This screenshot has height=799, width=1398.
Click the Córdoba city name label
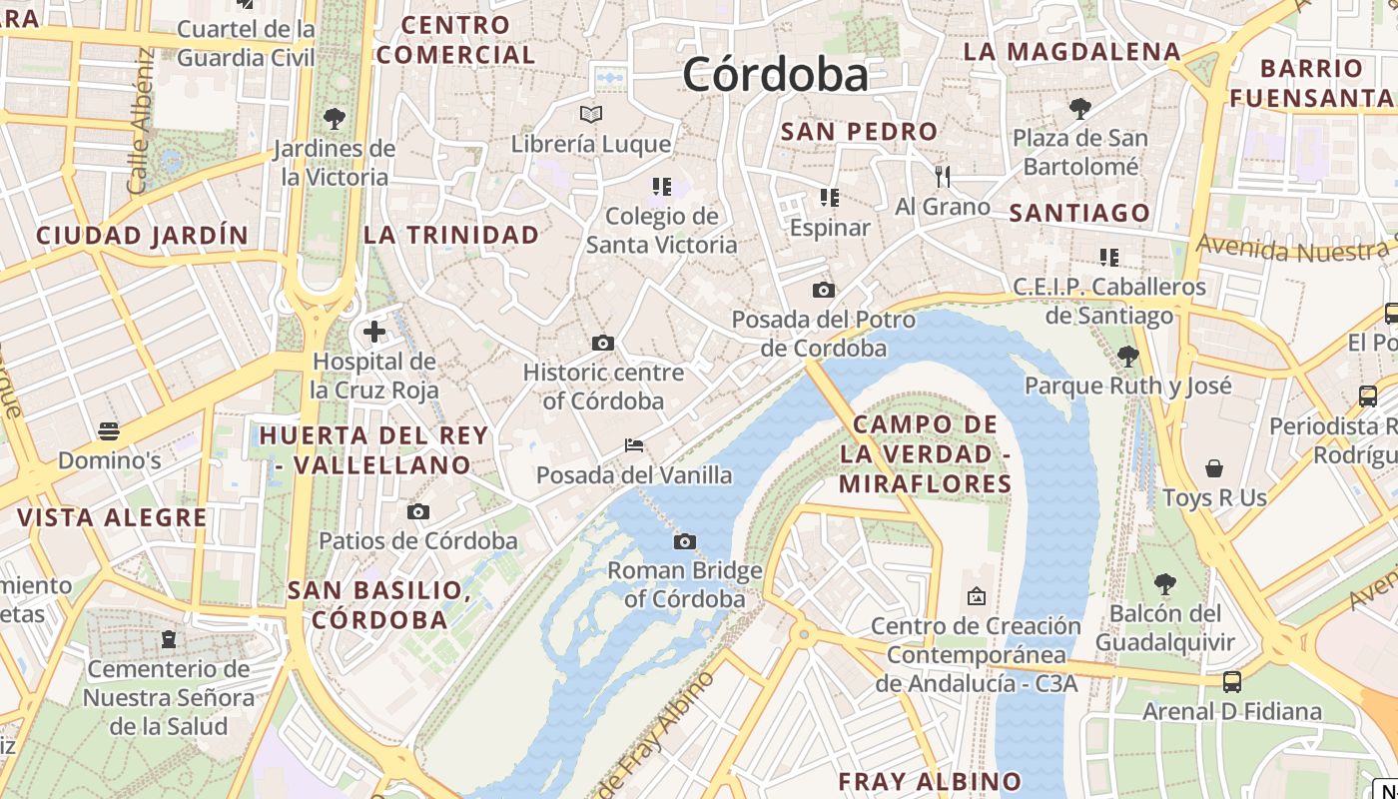click(775, 75)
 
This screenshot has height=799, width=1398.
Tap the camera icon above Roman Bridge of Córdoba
click(684, 541)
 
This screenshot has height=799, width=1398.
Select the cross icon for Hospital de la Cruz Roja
click(374, 332)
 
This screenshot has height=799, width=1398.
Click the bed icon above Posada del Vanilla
click(633, 445)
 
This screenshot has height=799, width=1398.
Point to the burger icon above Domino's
click(109, 431)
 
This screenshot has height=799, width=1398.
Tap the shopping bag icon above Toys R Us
click(1214, 468)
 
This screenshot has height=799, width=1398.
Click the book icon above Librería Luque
click(591, 114)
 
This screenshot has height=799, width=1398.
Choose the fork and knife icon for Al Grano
click(943, 177)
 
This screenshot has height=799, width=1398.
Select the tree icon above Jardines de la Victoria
click(335, 119)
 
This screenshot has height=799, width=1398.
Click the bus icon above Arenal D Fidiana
click(1232, 682)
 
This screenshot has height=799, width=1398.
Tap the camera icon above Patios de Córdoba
click(418, 512)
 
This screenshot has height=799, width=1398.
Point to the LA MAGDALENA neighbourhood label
click(1072, 52)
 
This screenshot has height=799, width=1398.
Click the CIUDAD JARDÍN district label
click(142, 236)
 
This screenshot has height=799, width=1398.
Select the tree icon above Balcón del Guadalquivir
click(1164, 583)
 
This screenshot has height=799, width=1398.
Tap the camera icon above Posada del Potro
click(824, 291)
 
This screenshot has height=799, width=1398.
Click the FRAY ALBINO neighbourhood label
click(930, 781)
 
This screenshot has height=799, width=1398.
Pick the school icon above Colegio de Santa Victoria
click(661, 187)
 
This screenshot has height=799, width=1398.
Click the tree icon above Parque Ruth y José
click(1128, 356)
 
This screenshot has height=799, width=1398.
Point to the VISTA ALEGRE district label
click(112, 517)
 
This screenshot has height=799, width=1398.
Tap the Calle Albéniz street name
click(141, 122)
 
